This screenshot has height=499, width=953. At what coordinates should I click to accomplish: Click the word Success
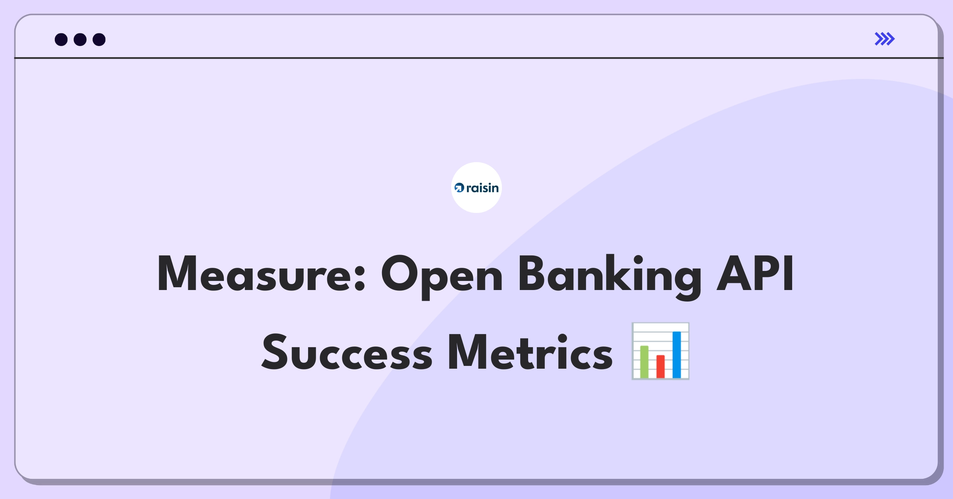(347, 352)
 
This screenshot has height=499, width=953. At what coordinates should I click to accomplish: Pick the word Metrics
(531, 352)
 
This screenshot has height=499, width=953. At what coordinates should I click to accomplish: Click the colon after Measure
(359, 278)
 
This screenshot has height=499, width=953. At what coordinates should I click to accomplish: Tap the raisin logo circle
(476, 188)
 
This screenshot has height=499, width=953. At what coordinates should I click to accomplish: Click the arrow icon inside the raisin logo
(459, 188)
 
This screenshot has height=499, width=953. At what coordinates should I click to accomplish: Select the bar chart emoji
(660, 351)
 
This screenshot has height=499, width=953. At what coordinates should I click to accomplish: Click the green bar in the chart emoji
(644, 362)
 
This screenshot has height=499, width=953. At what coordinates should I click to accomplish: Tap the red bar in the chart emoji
(660, 366)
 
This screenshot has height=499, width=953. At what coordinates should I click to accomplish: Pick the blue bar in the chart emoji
(677, 354)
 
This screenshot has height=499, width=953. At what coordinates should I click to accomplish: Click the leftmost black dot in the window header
(61, 39)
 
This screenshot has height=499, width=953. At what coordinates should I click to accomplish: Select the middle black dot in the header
(80, 39)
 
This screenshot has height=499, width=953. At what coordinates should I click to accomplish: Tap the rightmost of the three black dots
(99, 39)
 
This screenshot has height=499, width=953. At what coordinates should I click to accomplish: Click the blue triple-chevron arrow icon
(885, 39)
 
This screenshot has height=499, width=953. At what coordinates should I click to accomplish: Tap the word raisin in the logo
(482, 188)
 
